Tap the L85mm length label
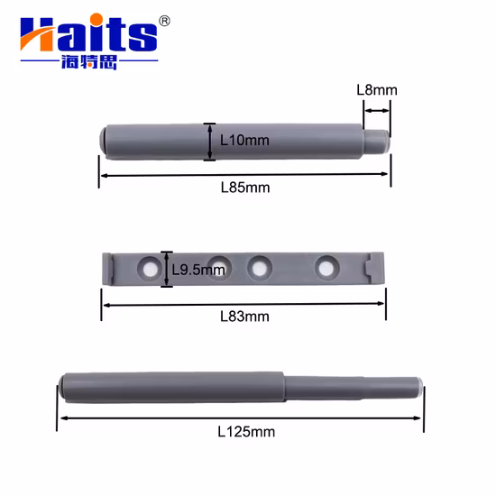(245, 188)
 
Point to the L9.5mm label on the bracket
(198, 270)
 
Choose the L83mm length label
(245, 317)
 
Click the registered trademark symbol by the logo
(163, 21)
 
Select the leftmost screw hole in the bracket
(147, 267)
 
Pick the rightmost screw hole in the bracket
(326, 266)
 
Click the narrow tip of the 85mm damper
(382, 140)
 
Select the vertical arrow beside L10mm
(210, 142)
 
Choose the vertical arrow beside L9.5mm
(166, 269)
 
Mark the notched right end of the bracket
(377, 267)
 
